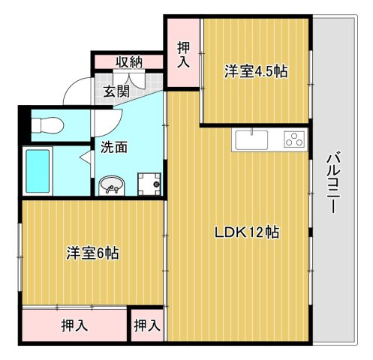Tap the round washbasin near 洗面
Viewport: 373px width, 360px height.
click(112, 184)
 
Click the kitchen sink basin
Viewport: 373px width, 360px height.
click(251, 140)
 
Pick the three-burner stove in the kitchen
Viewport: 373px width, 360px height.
click(293, 139)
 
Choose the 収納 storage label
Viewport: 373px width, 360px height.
click(128, 62)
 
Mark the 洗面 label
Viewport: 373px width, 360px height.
click(113, 148)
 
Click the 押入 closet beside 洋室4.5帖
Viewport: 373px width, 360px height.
click(183, 53)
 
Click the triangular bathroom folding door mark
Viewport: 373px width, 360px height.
click(83, 155)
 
